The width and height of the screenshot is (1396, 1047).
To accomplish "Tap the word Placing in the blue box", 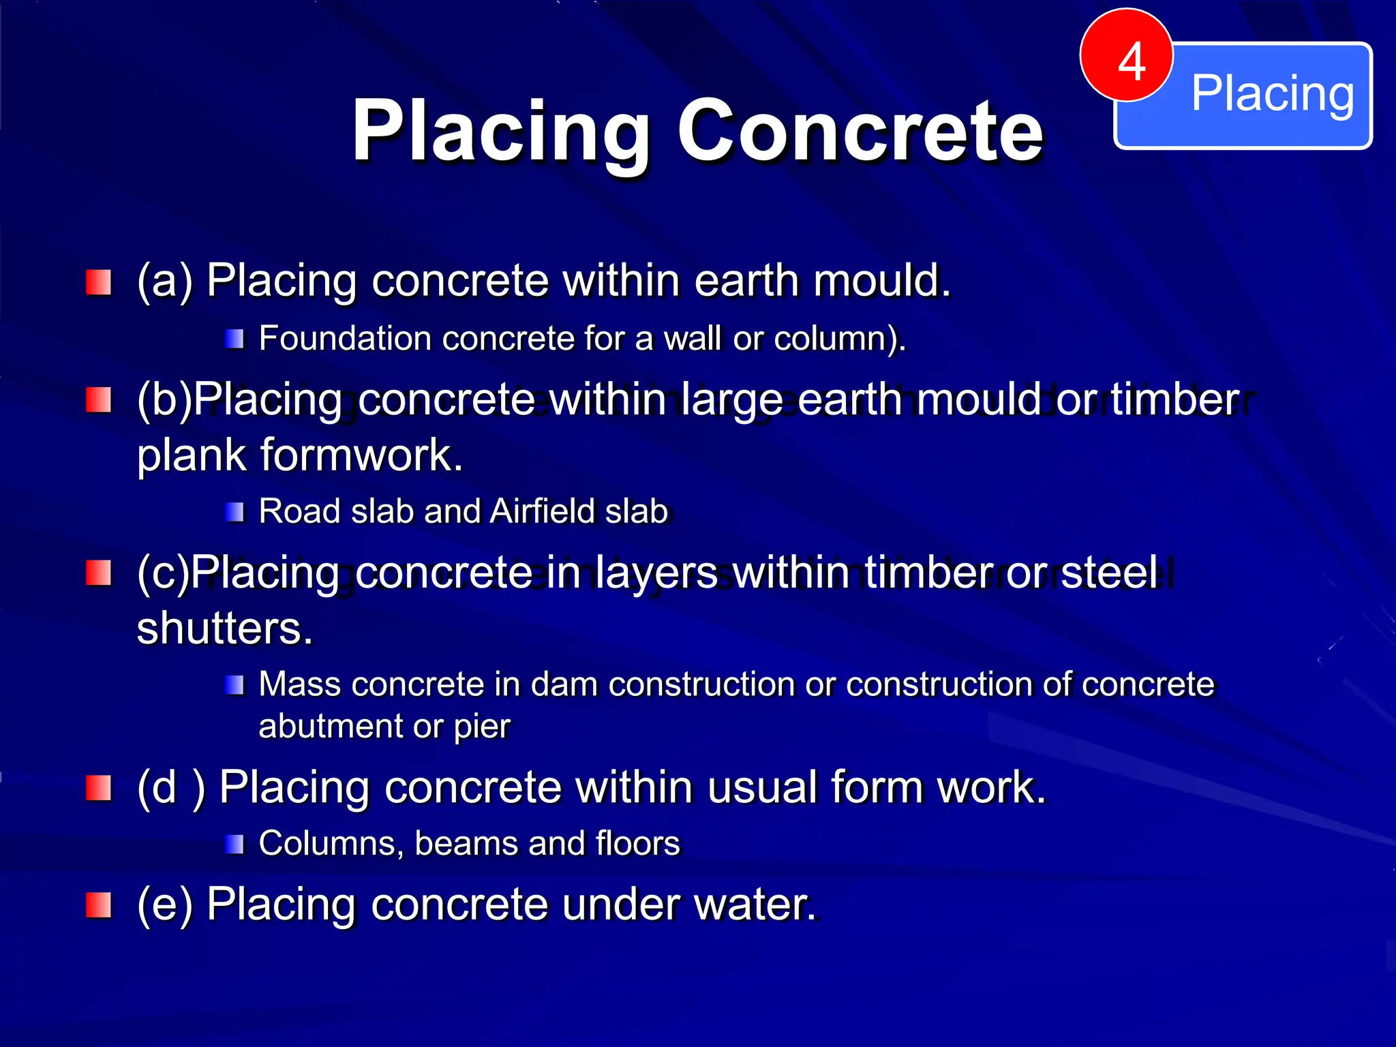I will [1272, 94].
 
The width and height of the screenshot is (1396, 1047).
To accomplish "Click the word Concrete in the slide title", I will [860, 130].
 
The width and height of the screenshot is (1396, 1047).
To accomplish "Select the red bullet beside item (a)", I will [99, 282].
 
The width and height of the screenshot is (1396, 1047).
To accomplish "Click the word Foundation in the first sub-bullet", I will [345, 339].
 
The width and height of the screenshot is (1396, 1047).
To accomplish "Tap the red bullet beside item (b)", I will [99, 400].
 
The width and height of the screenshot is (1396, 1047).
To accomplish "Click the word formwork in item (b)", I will [361, 455].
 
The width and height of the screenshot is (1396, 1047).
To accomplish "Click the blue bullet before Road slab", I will [234, 512].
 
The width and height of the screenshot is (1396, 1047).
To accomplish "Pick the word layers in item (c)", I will [656, 572].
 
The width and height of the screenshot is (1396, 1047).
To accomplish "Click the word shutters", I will [224, 628].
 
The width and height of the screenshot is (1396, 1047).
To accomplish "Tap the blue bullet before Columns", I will [234, 845].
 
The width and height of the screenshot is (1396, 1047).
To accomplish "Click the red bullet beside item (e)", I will [99, 905].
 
